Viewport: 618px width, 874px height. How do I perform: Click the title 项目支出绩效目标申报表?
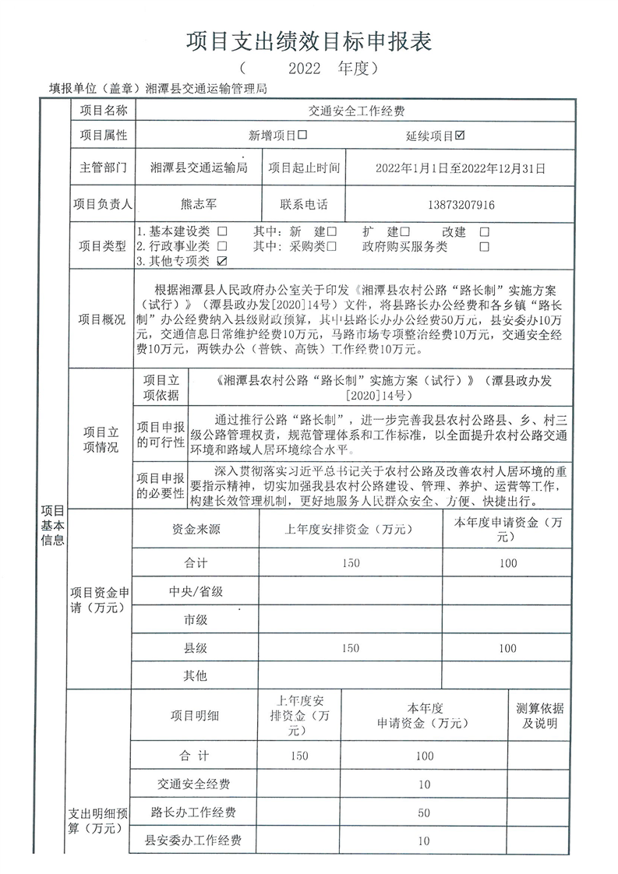[x=309, y=41]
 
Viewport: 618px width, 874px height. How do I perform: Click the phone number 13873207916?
[x=461, y=205]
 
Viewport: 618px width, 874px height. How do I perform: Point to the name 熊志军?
[x=201, y=205]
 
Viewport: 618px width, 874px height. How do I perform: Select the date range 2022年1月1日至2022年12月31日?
[x=461, y=167]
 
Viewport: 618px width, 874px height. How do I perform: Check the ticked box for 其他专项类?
[x=223, y=260]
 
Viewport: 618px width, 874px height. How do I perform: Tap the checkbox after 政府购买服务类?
[x=484, y=246]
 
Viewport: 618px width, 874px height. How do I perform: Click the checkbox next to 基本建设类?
[x=223, y=232]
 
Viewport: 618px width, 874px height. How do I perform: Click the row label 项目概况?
[x=102, y=319]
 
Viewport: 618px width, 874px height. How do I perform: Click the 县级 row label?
[x=196, y=648]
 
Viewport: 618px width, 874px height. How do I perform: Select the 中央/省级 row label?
[x=196, y=591]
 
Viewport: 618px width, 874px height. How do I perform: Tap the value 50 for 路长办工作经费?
[x=424, y=812]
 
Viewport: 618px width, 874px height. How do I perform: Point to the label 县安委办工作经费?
[x=194, y=841]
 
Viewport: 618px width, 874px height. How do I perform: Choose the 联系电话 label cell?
[x=304, y=205]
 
